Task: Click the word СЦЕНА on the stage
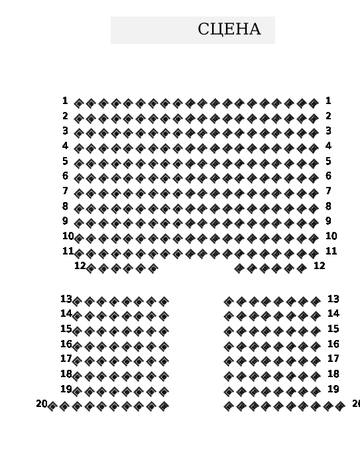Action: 229,30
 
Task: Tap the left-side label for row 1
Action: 65,101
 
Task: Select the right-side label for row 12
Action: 320,266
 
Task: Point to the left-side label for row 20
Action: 42,404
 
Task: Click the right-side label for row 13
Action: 333,299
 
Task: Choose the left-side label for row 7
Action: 65,191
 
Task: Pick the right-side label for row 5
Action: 328,161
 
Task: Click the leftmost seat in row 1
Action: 78,103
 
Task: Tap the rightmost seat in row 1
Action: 314,103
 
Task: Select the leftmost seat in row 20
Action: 52,406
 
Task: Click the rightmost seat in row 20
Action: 340,406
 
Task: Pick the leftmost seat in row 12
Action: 91,268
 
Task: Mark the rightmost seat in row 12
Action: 302,268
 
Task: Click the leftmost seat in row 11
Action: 78,254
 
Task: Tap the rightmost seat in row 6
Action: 314,178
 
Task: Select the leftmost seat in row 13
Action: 77,302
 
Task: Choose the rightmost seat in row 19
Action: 316,392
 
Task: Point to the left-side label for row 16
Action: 66,344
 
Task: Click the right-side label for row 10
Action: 331,236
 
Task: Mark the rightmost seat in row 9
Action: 314,223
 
